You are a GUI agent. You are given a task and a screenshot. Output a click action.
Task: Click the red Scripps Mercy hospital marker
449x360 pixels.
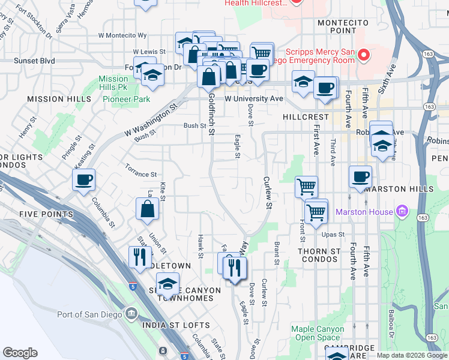click(363, 56)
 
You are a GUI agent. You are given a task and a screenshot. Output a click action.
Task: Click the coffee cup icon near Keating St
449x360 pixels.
click(84, 179)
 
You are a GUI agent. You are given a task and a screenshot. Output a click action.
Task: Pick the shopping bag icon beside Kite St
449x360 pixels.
click(147, 209)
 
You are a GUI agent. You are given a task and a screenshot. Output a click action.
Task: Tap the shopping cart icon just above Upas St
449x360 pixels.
click(316, 211)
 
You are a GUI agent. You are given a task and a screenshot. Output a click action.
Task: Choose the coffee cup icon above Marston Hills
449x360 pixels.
click(360, 176)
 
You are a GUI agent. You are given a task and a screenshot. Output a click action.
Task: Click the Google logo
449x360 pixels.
click(20, 353)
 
